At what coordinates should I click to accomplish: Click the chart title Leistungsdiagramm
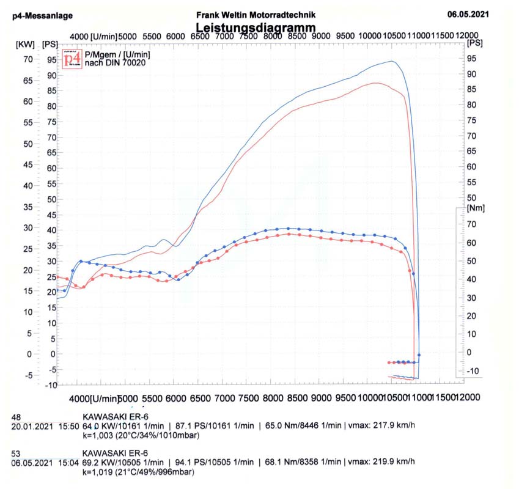click(256, 28)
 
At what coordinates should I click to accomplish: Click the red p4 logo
click(72, 59)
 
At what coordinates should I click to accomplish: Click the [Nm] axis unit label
click(475, 208)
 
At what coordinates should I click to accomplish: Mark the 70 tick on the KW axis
click(28, 59)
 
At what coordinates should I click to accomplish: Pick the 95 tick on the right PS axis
click(471, 59)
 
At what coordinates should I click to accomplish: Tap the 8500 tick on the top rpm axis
click(296, 37)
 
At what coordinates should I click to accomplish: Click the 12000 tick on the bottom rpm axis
click(467, 398)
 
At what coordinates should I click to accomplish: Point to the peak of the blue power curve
click(391, 61)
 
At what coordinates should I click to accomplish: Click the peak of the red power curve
click(375, 83)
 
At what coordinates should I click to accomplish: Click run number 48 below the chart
click(17, 417)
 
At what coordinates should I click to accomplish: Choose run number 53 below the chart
click(17, 454)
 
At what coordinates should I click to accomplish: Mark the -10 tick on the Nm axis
click(472, 371)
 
